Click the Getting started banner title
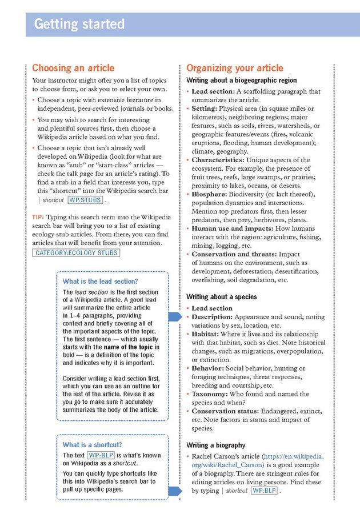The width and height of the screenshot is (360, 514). [79, 25]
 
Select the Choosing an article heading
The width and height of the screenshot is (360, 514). [73, 68]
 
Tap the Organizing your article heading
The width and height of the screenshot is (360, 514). [235, 68]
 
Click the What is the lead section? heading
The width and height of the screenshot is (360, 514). [101, 281]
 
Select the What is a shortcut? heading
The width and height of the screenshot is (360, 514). [92, 444]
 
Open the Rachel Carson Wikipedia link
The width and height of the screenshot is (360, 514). [255, 461]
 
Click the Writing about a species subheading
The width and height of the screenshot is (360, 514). [222, 297]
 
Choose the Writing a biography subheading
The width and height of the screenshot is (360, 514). [216, 445]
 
